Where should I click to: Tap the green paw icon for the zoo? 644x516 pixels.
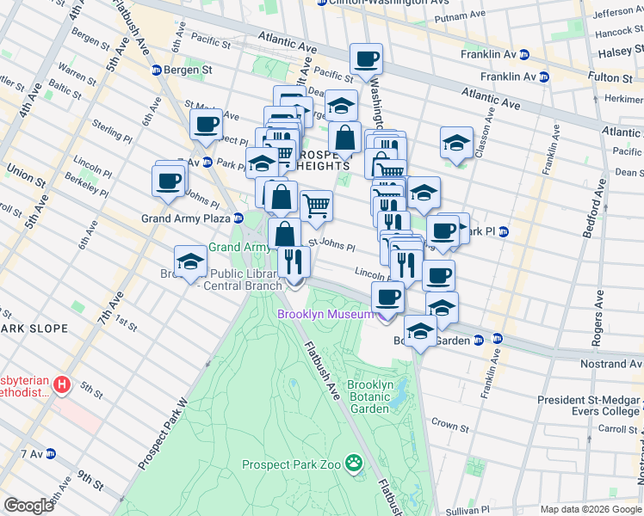click(353, 464)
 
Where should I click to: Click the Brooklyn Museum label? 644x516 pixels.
click(325, 314)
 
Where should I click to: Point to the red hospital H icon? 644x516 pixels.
click(61, 384)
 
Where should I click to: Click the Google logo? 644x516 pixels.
click(28, 506)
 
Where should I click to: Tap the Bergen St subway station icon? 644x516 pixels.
click(157, 70)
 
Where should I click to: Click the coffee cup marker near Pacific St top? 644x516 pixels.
click(367, 58)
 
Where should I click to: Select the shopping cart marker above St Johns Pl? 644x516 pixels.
click(317, 206)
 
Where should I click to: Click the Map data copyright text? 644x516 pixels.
click(590, 509)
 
